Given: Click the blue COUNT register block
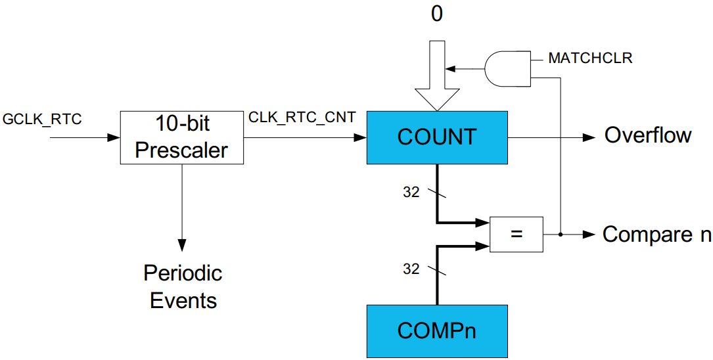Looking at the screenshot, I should [437, 137].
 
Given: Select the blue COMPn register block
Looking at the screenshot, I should [437, 330].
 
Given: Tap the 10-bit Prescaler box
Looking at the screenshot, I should [181, 137].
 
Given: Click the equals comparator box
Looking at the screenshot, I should [517, 234].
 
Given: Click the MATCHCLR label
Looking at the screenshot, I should [590, 58].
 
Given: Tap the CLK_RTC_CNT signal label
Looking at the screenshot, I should [302, 118].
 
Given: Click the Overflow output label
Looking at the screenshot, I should [648, 135].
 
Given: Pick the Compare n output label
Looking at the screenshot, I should [656, 235].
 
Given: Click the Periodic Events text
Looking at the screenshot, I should [183, 286].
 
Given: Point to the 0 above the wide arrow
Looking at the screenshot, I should [437, 14].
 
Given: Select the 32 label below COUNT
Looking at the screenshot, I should [411, 193].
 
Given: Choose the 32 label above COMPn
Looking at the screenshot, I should [411, 269].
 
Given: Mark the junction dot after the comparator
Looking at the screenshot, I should [560, 234].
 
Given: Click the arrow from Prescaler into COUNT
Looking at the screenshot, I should [305, 137].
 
